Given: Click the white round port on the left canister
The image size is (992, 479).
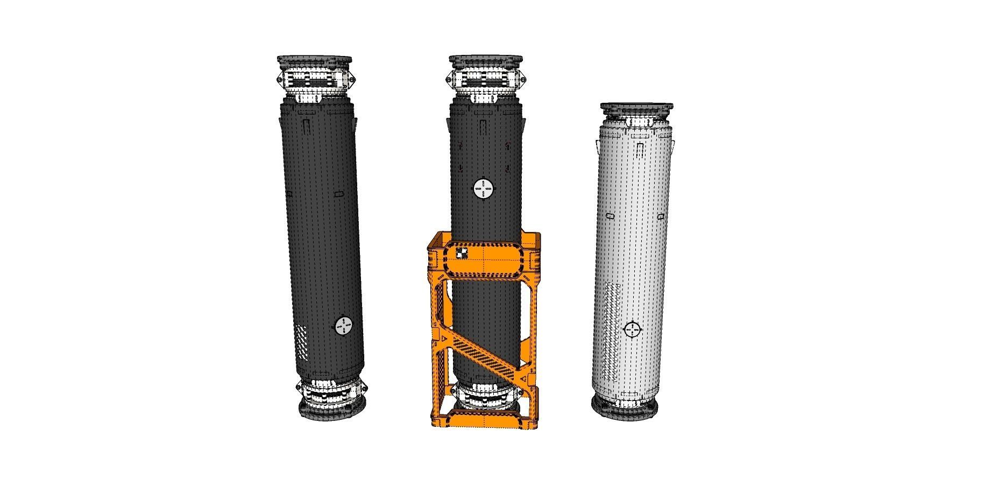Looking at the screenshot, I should (x=343, y=326).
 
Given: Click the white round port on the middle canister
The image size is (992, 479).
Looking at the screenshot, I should (x=483, y=189).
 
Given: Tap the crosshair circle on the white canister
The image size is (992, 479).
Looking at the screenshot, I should (x=633, y=328).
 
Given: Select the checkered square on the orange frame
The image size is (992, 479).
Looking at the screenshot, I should (x=461, y=253).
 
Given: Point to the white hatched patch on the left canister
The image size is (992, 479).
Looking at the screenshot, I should (x=302, y=342).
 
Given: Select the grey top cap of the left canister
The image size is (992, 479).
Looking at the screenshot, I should (x=315, y=59).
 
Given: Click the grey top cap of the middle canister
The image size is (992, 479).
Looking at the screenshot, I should (x=486, y=59).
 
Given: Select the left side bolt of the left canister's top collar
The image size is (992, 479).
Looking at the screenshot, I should (x=279, y=80).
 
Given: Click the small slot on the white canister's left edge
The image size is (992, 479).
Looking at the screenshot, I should (x=610, y=215).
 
